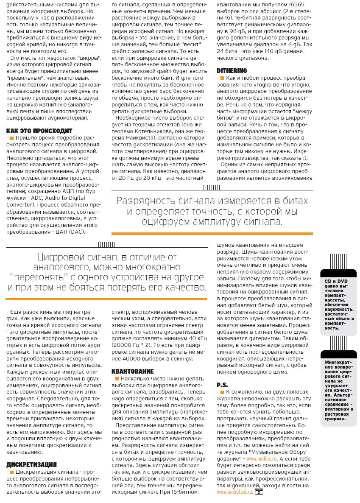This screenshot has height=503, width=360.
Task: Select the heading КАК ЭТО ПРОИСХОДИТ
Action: click(40, 131)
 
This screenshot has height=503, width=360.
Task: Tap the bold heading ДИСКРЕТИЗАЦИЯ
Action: click(32, 464)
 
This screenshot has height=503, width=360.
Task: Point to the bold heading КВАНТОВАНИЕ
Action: click(132, 371)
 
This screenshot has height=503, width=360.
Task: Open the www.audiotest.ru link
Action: click(234, 492)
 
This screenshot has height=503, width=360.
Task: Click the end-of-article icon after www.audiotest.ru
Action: click(259, 492)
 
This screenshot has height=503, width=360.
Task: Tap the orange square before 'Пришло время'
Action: click(11, 138)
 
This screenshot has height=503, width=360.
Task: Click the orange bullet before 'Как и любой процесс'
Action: click(221, 78)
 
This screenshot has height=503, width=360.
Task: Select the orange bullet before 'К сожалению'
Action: click(221, 392)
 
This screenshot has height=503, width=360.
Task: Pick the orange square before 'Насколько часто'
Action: click(116, 379)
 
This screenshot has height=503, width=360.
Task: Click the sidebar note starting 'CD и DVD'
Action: click(339, 304)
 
